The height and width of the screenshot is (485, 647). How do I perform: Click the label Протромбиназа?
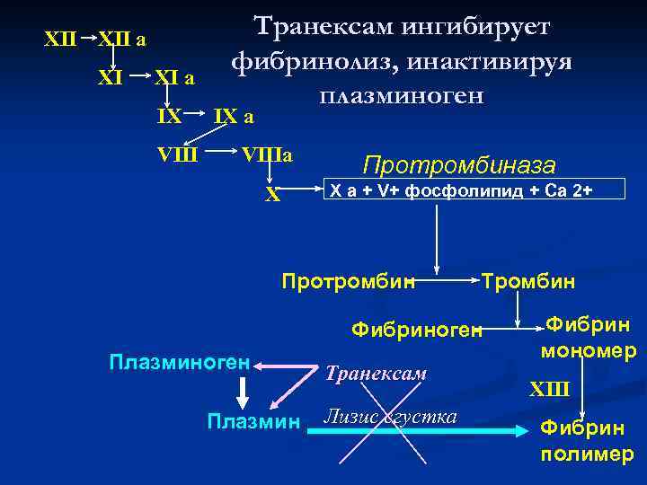click(x=458, y=165)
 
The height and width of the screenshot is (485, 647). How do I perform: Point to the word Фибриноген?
click(x=417, y=330)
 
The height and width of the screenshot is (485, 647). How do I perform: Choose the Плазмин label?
click(x=253, y=420)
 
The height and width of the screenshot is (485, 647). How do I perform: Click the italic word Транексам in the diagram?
click(x=376, y=373)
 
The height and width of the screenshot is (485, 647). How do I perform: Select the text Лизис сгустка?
click(x=390, y=417)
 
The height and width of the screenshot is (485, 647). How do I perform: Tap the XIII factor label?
click(x=549, y=388)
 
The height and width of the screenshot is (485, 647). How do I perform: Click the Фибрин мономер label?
click(x=588, y=336)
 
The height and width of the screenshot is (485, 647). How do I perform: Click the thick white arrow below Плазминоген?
click(x=241, y=392)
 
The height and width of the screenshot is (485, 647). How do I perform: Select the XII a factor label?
click(x=122, y=40)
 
